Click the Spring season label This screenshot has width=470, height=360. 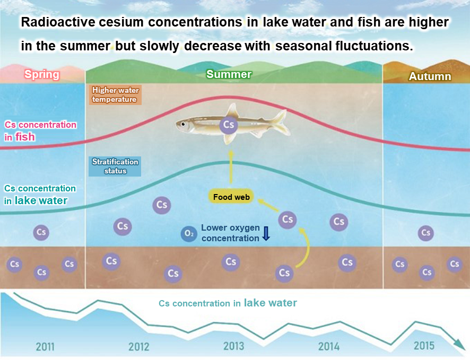tap(42, 74)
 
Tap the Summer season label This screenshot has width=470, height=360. tap(229, 74)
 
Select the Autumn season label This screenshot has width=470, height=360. tap(430, 76)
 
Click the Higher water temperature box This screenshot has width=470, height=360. tap(116, 94)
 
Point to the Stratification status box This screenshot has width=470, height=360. tap(115, 166)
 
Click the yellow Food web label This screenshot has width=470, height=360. tap(231, 197)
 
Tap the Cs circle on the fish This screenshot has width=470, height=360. tap(229, 125)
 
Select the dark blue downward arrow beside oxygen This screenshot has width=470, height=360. tap(266, 233)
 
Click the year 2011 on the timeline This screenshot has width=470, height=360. tap(45, 347)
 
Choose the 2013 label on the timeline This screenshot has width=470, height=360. tap(233, 346)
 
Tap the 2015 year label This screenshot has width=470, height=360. tap(424, 346)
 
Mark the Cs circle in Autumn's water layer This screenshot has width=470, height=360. tap(425, 232)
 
